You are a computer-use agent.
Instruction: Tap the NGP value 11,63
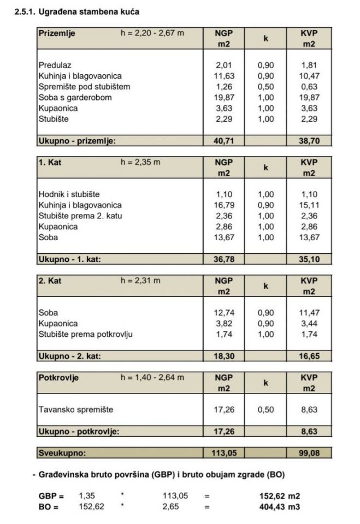[x=224, y=76]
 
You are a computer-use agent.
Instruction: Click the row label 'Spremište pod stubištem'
[x=85, y=87]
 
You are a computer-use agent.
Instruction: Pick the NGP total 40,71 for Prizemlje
[x=224, y=141]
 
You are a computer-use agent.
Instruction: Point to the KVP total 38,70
[x=309, y=141]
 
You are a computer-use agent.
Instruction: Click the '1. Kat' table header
[x=50, y=162]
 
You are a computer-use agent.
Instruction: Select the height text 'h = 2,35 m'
[x=140, y=162]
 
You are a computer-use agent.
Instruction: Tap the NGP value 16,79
[x=224, y=205]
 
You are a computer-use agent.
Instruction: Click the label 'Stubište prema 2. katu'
[x=80, y=216]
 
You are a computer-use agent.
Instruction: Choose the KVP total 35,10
[x=309, y=259]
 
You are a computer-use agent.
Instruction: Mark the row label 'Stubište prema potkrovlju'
[x=86, y=334]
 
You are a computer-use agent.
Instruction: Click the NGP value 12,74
[x=224, y=313]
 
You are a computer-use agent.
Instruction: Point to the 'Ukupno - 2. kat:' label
[x=70, y=356]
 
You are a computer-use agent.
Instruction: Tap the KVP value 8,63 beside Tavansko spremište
[x=309, y=409]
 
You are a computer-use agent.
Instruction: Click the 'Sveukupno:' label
[x=62, y=452]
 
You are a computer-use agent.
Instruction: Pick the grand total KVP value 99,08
[x=309, y=452]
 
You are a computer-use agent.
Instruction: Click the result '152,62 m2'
[x=279, y=496]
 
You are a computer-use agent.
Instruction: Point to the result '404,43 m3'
[x=279, y=507]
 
